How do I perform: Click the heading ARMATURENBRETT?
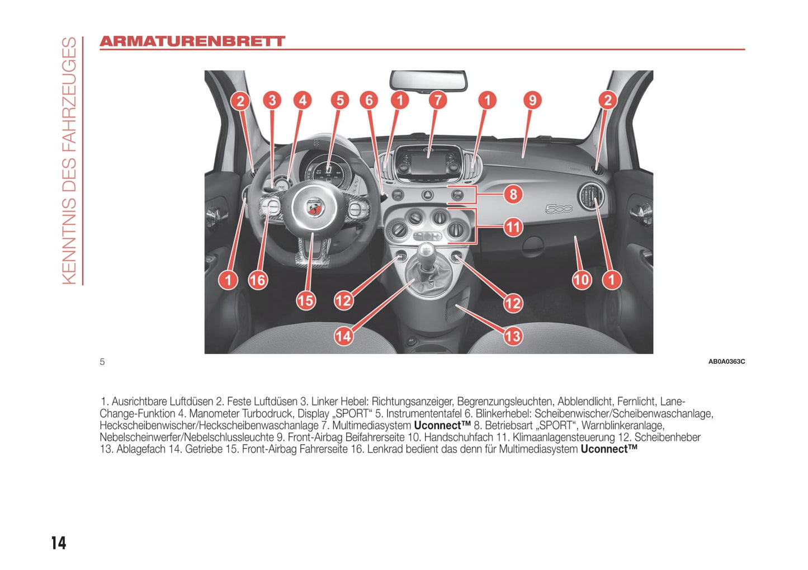point(192,41)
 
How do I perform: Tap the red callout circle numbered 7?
point(437,100)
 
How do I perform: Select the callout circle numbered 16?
point(258,280)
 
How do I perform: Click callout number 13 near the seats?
point(513,336)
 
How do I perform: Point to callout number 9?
point(532,100)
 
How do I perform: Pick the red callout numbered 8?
point(513,195)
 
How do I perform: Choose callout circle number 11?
point(513,227)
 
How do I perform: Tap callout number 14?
point(343,336)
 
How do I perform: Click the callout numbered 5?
point(340,100)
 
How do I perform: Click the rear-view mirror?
point(428,81)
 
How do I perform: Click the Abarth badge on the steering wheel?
point(315,208)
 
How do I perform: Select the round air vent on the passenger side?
point(591,196)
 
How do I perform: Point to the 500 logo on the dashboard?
point(559,209)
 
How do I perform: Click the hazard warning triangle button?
point(427,195)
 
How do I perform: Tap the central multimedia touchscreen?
point(428,163)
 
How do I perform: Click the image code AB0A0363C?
point(726,361)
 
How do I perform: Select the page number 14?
point(59,543)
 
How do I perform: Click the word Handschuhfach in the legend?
point(459,437)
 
